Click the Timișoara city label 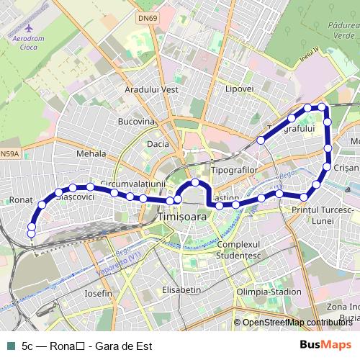point(181,216)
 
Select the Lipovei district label point(240,89)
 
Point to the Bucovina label point(136,122)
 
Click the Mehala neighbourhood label point(91,153)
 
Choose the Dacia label point(158,144)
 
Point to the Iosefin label point(99,294)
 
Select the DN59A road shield point(10,153)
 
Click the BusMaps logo point(326,345)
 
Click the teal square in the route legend point(9,346)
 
